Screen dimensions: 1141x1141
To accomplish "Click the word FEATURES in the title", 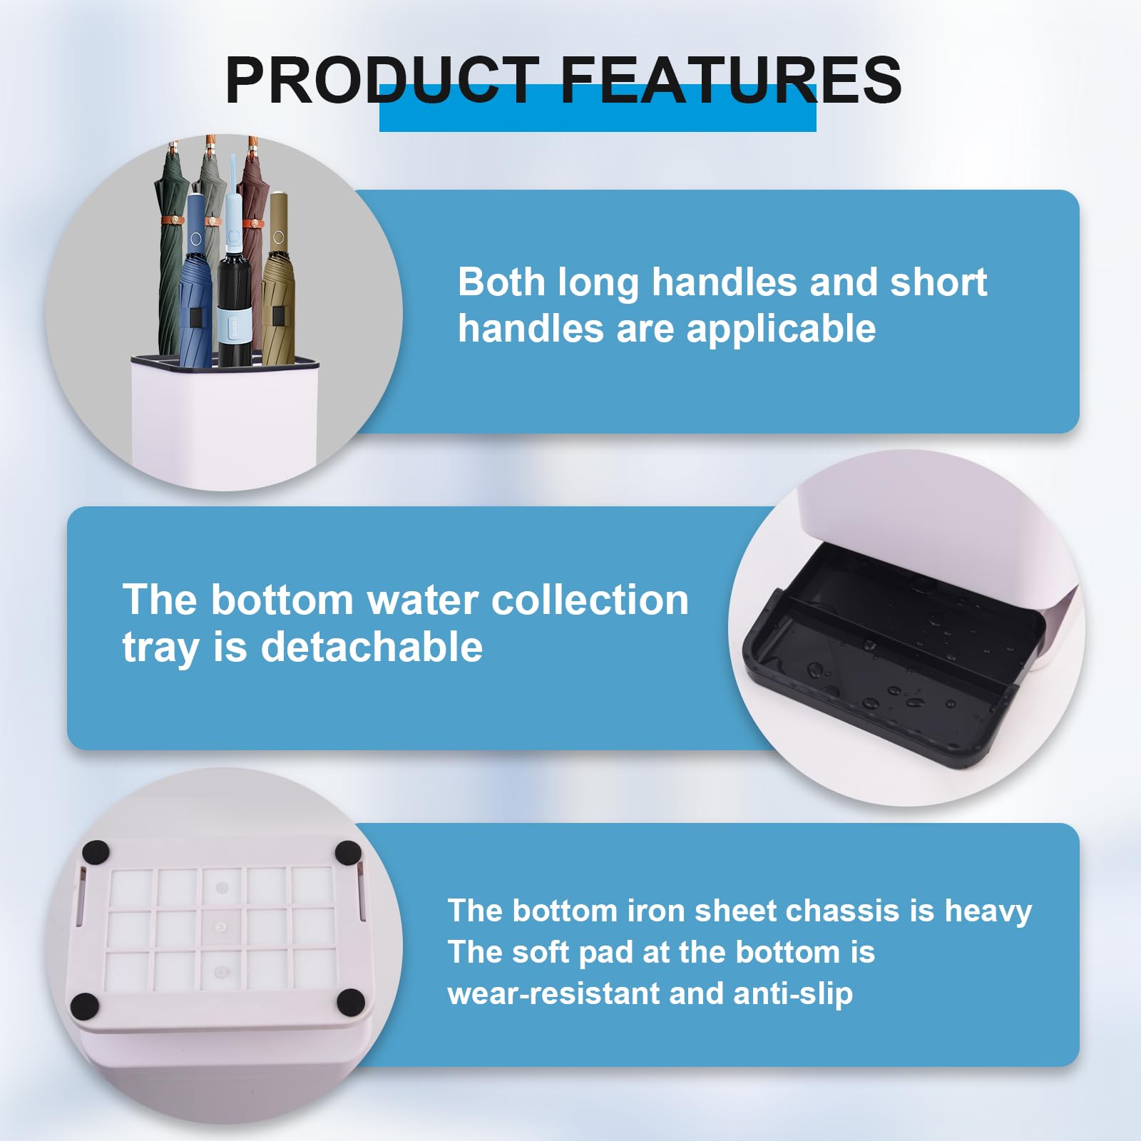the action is [731, 80].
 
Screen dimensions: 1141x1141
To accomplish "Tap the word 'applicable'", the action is [781, 329].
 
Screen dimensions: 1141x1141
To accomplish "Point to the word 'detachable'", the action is [372, 647].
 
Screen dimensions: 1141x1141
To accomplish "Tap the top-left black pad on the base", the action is [96, 853].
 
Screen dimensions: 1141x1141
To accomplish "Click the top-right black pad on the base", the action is [348, 852].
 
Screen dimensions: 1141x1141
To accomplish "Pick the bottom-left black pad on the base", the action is [85, 1006].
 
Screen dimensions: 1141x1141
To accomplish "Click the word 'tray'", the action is [162, 648].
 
